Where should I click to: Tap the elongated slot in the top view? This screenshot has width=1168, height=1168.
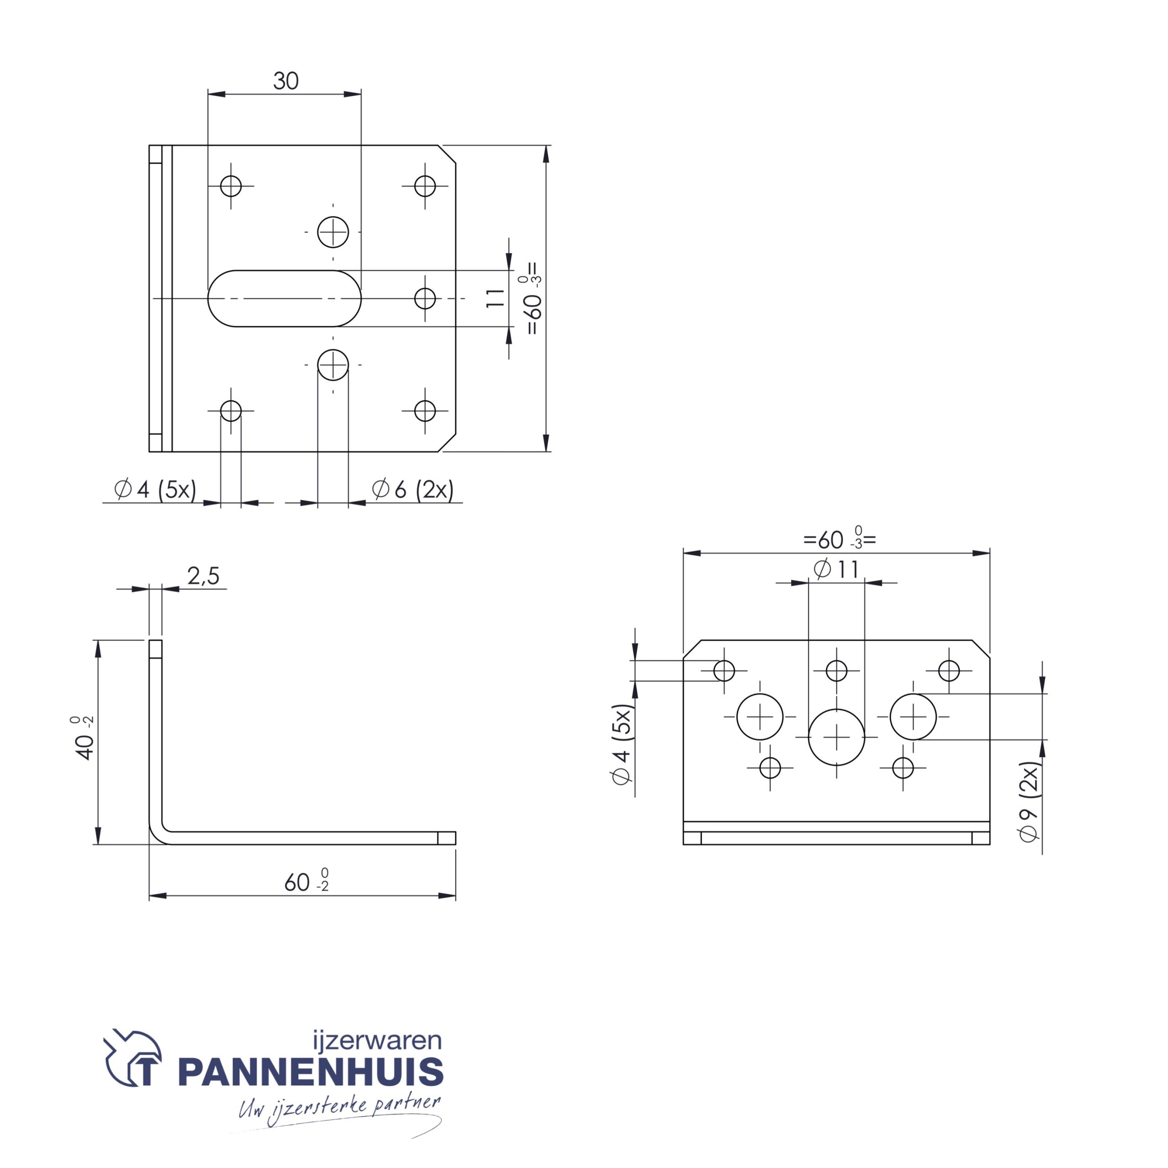pos(284,299)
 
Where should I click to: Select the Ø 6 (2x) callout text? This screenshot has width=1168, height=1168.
pos(413,489)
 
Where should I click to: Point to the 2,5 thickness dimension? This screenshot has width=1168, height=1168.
pos(203,576)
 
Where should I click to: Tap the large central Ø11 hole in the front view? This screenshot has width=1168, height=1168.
pos(837,738)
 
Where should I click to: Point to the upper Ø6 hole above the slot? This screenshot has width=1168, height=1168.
pos(333,231)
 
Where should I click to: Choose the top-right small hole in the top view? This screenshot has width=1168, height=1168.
pos(425,186)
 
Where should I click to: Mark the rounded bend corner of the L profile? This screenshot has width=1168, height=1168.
pos(158,834)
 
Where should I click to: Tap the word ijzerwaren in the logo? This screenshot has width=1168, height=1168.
pos(377,1040)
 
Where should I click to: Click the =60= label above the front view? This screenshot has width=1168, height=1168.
pos(839,539)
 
